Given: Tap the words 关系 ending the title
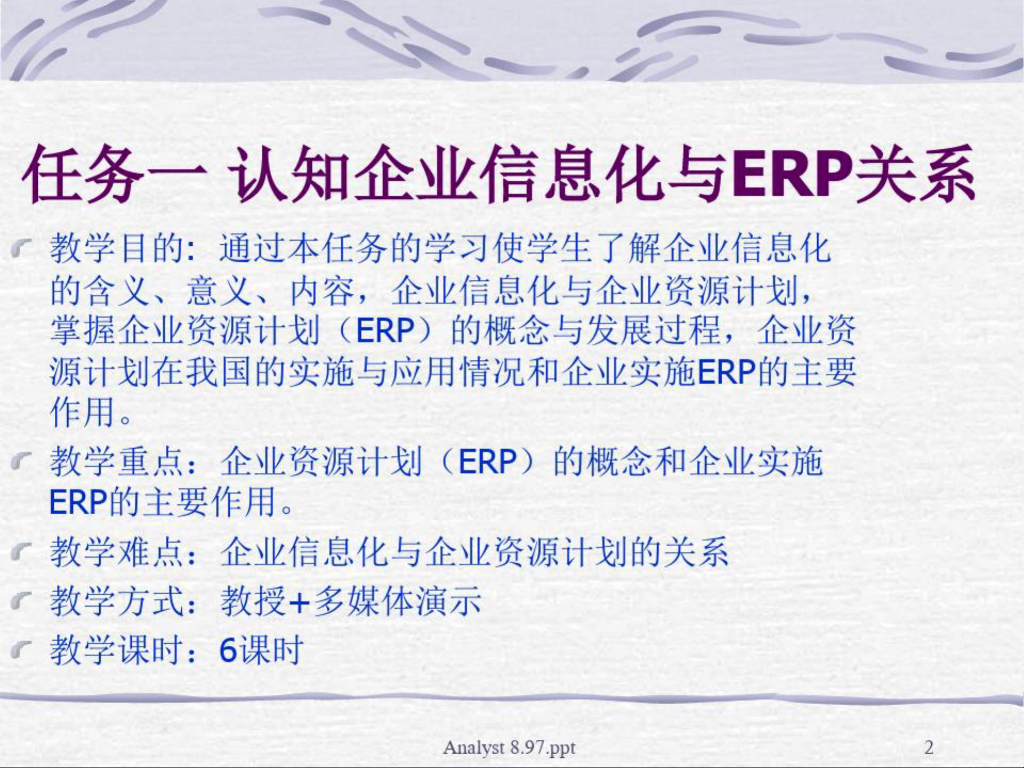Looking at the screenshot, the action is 915,174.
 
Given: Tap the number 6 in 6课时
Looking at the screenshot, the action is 228,650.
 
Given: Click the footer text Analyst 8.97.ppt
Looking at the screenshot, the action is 509,748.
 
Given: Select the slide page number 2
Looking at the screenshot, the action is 929,747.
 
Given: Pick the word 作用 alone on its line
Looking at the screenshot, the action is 83,411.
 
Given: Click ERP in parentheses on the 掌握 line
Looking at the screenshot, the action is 385,330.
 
